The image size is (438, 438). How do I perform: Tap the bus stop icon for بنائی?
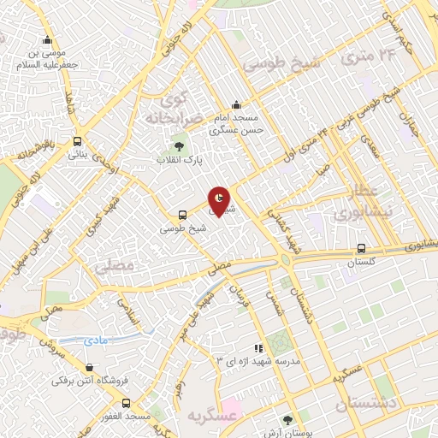[78, 142]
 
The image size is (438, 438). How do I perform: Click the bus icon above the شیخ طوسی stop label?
[181, 216]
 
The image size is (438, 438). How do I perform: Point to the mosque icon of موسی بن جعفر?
[48, 39]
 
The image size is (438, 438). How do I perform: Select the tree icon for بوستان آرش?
[287, 418]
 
